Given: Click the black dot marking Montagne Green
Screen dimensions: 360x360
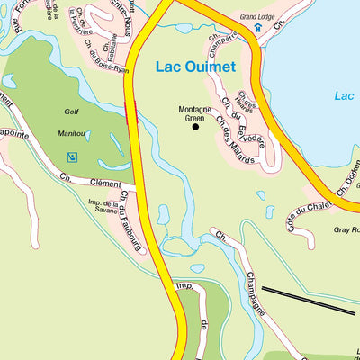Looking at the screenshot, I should (x=195, y=127).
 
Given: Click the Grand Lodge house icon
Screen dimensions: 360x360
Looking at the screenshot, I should (x=256, y=28).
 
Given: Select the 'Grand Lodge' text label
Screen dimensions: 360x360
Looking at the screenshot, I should (x=258, y=16).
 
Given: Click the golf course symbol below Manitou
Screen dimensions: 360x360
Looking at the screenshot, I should (x=72, y=157).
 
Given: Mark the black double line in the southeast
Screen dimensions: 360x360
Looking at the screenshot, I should (x=309, y=300).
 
